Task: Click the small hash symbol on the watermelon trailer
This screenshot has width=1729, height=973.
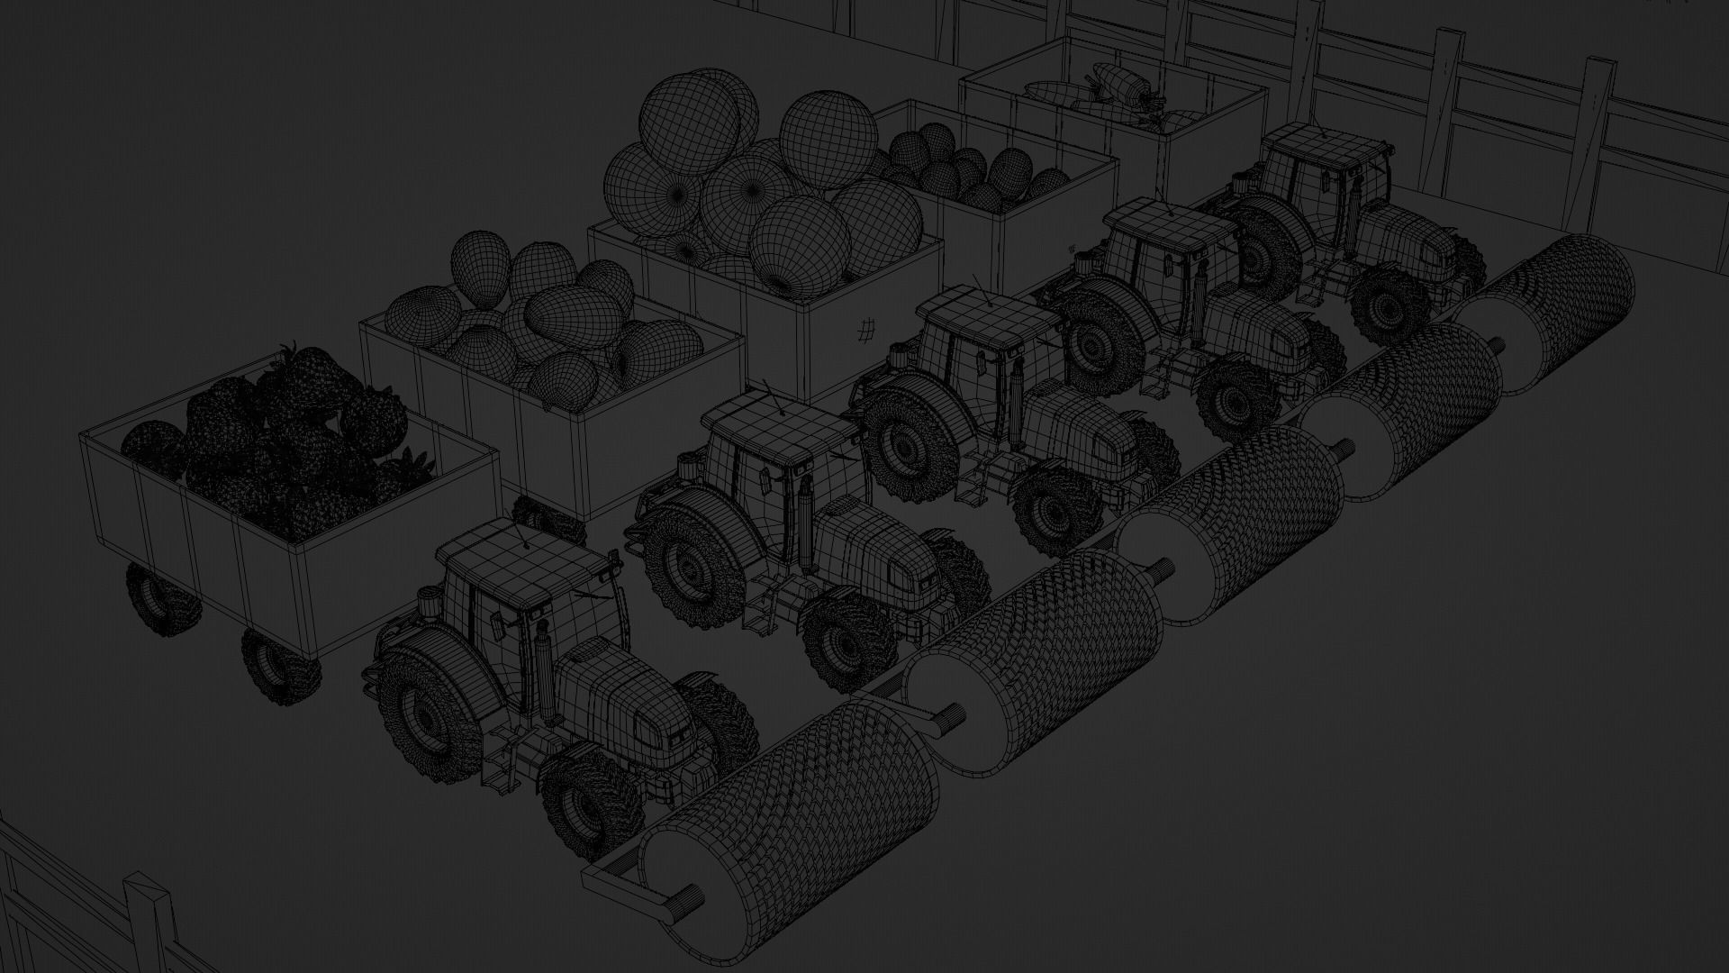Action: pyautogui.click(x=866, y=331)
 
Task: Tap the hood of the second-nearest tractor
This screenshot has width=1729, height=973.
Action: pyautogui.click(x=878, y=550)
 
